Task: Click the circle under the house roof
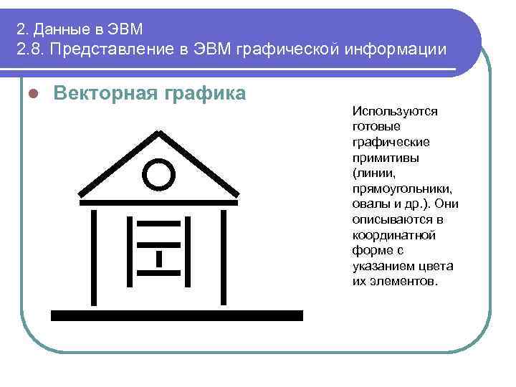point(158,174)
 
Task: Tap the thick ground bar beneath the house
point(177,315)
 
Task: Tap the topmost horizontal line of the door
point(158,223)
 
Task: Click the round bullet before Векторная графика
point(33,95)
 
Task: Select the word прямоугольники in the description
point(402,189)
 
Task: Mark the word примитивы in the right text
point(386,158)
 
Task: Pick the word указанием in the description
point(382,267)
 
